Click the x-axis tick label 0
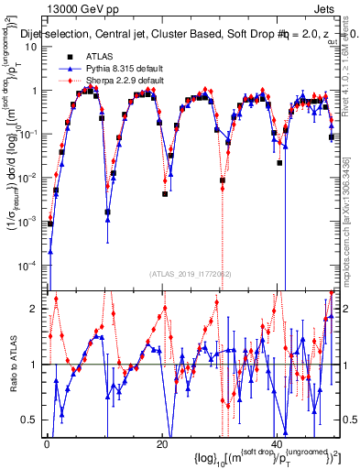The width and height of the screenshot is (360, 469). pyautogui.click(x=46, y=443)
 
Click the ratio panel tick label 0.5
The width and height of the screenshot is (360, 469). pyautogui.click(x=30, y=420)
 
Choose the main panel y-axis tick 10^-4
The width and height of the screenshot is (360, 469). pyautogui.click(x=27, y=265)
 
